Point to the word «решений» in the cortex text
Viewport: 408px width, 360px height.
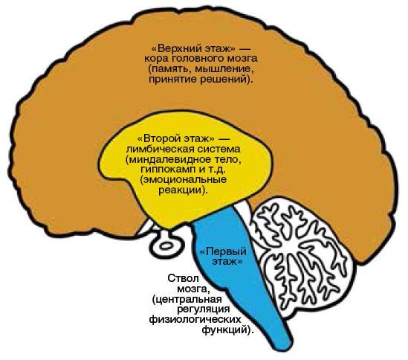222,79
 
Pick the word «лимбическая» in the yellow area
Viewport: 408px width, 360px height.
161,149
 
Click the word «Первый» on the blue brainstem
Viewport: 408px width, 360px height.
226,251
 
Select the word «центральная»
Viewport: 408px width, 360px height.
189,300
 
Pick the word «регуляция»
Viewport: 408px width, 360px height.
204,309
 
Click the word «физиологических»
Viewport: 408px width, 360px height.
195,320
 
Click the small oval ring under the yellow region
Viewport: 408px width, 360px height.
166,245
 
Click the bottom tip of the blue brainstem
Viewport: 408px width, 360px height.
282,349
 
